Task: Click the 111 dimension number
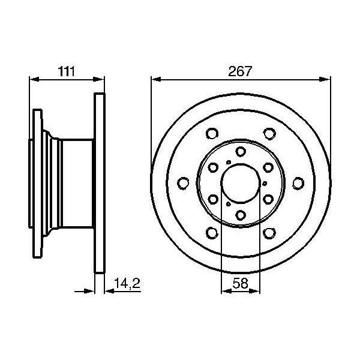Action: pyautogui.click(x=67, y=71)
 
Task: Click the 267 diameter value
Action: pyautogui.click(x=240, y=71)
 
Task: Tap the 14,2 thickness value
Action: pyautogui.click(x=127, y=283)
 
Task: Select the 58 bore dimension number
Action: pyautogui.click(x=240, y=283)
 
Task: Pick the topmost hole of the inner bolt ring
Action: pyautogui.click(x=241, y=152)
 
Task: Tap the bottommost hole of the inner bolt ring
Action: pyautogui.click(x=241, y=215)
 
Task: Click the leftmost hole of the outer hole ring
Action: pyautogui.click(x=183, y=184)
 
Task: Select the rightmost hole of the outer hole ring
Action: pyautogui.click(x=298, y=184)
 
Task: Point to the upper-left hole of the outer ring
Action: pyautogui.click(x=212, y=133)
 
